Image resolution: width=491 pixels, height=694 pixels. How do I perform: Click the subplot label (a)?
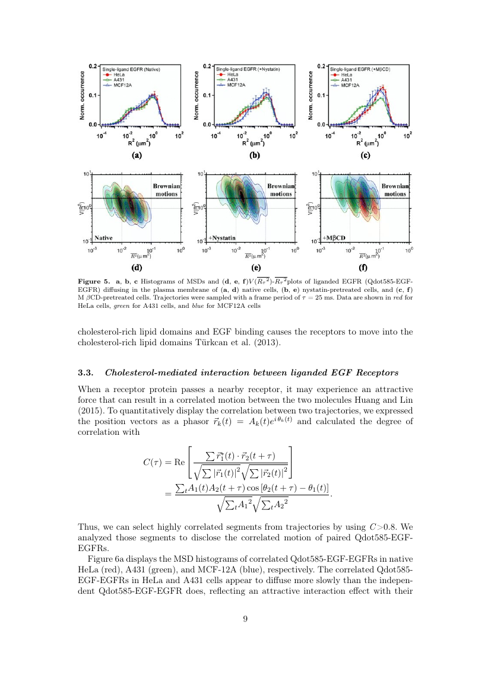point(136,156)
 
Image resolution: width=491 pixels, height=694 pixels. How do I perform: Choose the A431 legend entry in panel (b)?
point(229,80)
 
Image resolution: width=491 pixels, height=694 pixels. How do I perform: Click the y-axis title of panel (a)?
point(84,95)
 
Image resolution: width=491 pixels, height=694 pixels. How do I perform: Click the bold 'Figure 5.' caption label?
point(96,280)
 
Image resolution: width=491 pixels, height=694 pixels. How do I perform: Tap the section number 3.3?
point(86,373)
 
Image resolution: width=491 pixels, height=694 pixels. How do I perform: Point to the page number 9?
point(245,619)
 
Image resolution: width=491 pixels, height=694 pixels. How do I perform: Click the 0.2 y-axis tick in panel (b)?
point(208,65)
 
